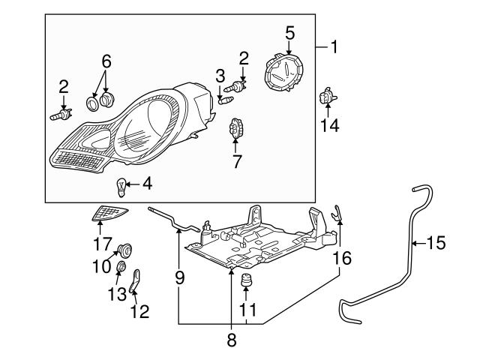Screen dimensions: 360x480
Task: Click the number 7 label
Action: pos(236,160)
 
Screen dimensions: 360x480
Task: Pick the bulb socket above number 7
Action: pos(236,129)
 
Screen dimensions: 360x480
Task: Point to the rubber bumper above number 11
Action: pos(246,283)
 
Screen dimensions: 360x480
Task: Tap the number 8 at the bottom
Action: pos(232,340)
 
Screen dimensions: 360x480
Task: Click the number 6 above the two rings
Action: pos(106,59)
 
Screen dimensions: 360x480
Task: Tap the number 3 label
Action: pos(220,75)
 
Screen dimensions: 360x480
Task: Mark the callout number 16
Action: pos(342,259)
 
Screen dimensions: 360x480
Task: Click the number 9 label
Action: pos(179,277)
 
